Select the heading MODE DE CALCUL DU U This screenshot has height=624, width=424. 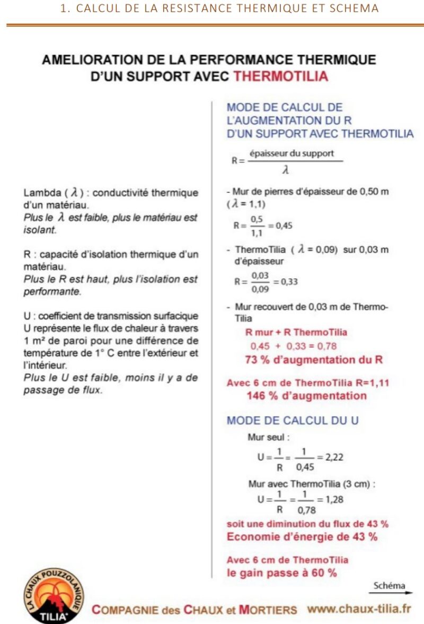point(293,420)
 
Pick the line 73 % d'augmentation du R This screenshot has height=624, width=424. point(306,360)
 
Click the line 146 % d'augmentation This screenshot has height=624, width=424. point(299,395)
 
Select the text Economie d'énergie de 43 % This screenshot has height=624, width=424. point(302,536)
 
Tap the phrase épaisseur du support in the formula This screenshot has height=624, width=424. point(291,153)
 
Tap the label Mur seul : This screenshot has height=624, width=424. point(269,438)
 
